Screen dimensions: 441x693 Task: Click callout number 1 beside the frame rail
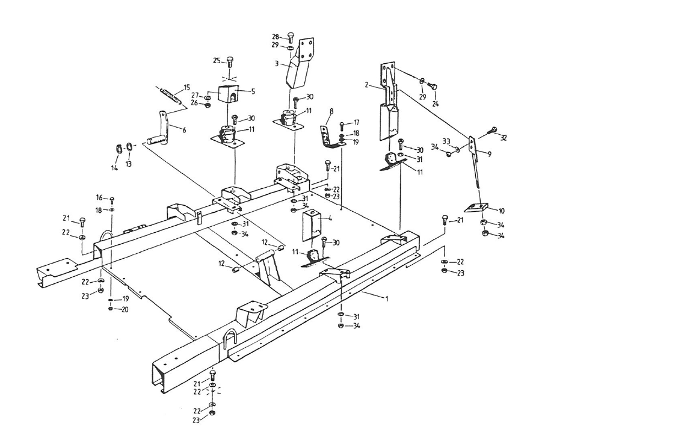point(387,298)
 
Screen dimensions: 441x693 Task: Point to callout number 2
point(366,85)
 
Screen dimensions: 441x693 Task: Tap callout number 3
point(276,63)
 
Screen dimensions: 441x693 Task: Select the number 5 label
point(253,91)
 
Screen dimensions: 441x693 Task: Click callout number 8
point(330,111)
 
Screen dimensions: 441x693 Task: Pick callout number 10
point(502,211)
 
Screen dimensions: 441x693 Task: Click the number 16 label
point(99,198)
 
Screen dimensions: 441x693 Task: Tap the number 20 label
point(125,309)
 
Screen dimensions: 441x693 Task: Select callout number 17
point(357,123)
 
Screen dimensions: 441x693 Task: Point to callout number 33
point(446,141)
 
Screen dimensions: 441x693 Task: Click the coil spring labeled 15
point(170,96)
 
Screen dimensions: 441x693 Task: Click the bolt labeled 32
point(493,129)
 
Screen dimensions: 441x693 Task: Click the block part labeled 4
point(313,224)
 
